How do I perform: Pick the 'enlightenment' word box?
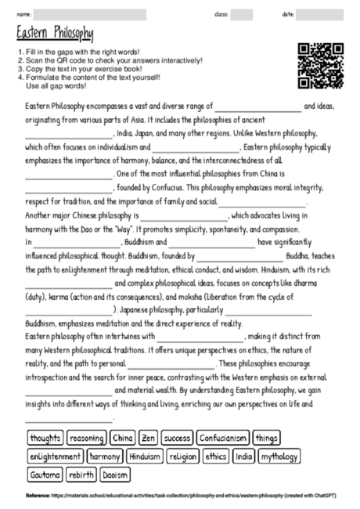(x=55, y=456)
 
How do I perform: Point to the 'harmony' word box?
(x=104, y=456)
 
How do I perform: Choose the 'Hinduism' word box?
(x=144, y=456)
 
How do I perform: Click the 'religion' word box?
(x=183, y=456)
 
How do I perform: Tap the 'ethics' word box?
(x=216, y=456)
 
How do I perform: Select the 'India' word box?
(x=244, y=456)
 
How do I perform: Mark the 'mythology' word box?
(x=279, y=456)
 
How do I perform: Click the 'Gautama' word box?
(x=45, y=475)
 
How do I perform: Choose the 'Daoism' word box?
(x=116, y=475)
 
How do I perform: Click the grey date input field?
(x=322, y=14)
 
